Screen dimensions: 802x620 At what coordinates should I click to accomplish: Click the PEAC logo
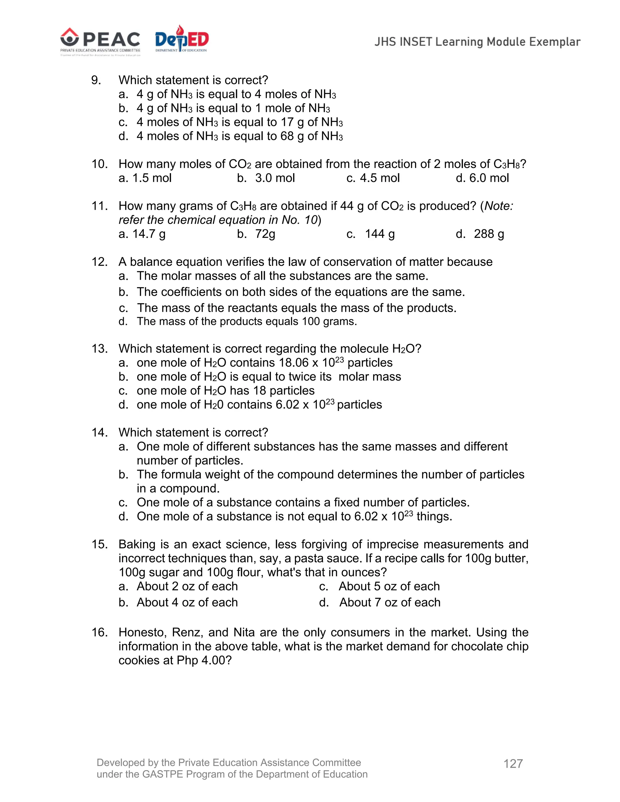tap(100, 41)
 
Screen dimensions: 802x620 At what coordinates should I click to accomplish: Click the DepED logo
tap(181, 40)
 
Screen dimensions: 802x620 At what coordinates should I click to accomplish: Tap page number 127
tap(513, 764)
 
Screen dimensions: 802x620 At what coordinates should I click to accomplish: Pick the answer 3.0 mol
tap(275, 178)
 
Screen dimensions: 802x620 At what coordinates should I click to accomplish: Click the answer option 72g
tap(265, 234)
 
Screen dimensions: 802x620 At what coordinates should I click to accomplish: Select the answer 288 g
tap(489, 234)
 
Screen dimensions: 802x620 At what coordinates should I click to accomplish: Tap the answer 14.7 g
tap(149, 234)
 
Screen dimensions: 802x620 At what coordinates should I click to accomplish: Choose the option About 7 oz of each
tap(389, 603)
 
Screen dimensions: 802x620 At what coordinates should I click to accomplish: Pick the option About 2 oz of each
tap(187, 587)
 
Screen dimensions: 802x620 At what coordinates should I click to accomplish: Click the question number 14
tap(99, 432)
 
